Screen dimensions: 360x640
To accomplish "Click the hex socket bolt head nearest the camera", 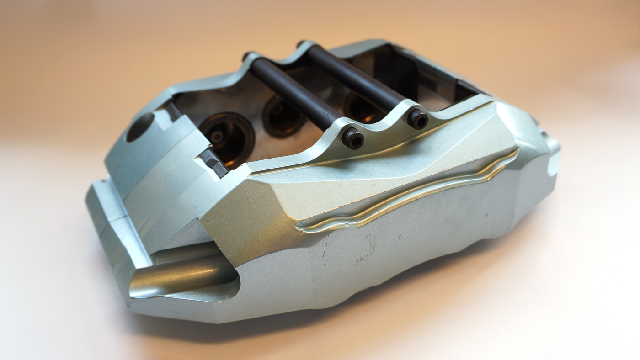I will pyautogui.click(x=352, y=138).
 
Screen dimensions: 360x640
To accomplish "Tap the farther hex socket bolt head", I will pyautogui.click(x=417, y=119).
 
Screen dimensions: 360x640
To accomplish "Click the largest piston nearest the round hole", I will pyautogui.click(x=227, y=138).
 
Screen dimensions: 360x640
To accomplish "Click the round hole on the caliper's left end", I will pyautogui.click(x=140, y=127).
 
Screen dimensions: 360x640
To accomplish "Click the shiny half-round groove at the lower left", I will pyautogui.click(x=183, y=274).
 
